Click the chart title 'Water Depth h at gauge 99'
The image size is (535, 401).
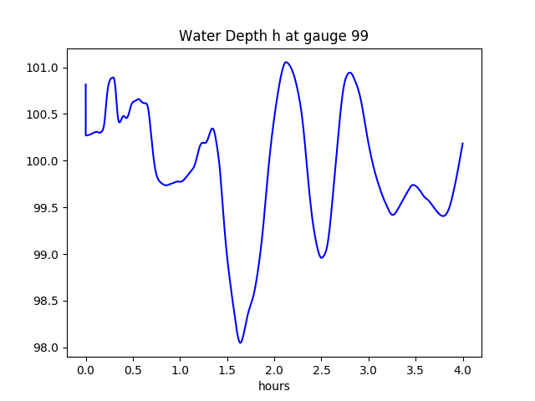pyautogui.click(x=273, y=37)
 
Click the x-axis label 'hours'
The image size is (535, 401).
pyautogui.click(x=274, y=387)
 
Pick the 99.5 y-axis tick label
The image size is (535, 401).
pyautogui.click(x=46, y=208)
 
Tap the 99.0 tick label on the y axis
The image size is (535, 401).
pyautogui.click(x=46, y=255)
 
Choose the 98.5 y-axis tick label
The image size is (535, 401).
pyautogui.click(x=46, y=301)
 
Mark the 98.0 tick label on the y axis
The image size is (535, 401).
pyautogui.click(x=46, y=348)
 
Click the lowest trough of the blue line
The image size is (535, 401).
pyautogui.click(x=241, y=343)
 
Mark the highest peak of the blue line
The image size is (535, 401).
pyautogui.click(x=286, y=62)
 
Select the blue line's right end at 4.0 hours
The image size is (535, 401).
pyautogui.click(x=462, y=144)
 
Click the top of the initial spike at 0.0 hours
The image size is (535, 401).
pyautogui.click(x=86, y=84)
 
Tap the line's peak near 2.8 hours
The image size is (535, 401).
pyautogui.click(x=349, y=73)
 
